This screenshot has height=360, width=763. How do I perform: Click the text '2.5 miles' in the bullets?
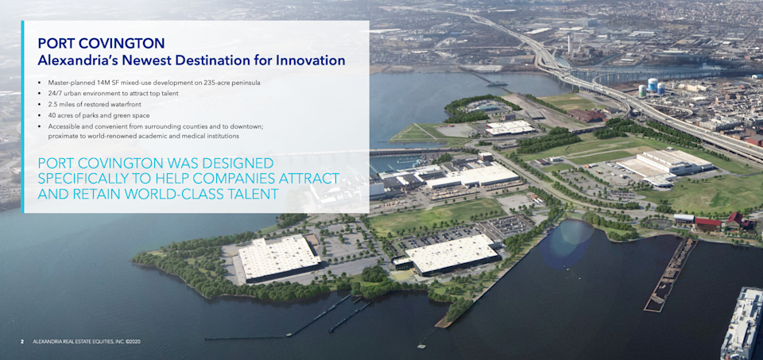60,105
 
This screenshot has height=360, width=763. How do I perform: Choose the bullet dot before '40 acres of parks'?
40,116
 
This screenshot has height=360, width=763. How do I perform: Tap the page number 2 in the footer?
22,342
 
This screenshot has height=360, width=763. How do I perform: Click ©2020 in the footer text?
133,342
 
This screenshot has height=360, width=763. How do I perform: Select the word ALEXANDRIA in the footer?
45,342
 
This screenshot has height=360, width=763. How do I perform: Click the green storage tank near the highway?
642,91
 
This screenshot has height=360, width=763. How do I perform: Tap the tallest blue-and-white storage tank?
652,85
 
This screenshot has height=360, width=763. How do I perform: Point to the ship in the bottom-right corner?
743,323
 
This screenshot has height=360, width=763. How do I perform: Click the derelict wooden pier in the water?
670,275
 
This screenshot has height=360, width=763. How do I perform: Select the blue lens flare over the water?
567,244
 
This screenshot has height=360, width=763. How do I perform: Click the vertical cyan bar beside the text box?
22,117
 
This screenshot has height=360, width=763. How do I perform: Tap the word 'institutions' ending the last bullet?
225,137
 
